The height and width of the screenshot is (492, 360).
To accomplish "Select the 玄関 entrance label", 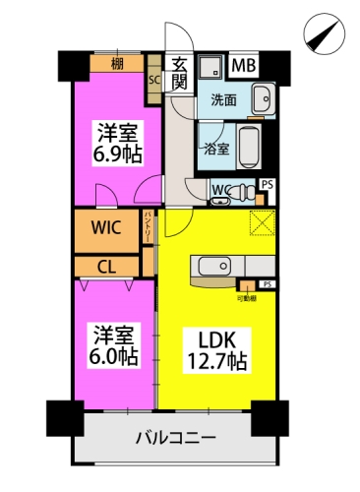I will [x=179, y=74].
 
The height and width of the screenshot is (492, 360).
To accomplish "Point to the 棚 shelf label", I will [x=117, y=66].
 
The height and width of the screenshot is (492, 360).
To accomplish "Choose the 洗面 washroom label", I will [x=224, y=99].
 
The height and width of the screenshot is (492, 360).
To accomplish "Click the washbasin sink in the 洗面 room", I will [x=263, y=99].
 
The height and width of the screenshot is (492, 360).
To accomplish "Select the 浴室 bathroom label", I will [x=215, y=151].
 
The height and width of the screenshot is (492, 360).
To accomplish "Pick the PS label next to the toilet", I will [x=268, y=184].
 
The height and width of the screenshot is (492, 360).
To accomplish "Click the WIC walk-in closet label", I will [x=106, y=229].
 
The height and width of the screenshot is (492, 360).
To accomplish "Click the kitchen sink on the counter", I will [x=213, y=266].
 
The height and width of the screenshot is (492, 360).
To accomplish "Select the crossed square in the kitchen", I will [x=262, y=223].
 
